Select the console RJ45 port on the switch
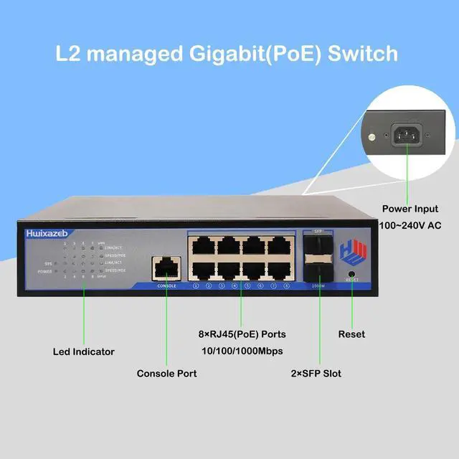coord(166,268)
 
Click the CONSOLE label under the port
coord(166,285)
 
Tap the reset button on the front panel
coord(351,274)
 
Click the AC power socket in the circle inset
coord(406,135)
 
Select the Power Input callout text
coord(410,209)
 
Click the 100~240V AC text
coord(410,225)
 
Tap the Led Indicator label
coord(84,351)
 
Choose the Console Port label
coord(166,373)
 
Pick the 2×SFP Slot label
coord(316,373)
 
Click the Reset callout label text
coord(351,334)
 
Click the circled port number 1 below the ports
coord(196,285)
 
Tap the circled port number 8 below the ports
coord(286,285)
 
